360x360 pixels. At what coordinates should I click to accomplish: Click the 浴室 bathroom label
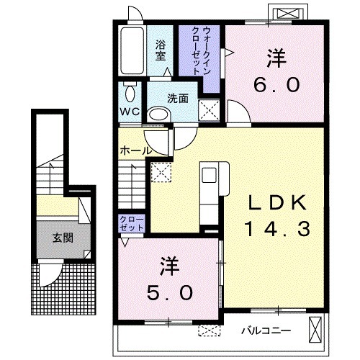(161, 50)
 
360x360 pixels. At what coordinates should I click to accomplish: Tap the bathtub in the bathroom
(132, 50)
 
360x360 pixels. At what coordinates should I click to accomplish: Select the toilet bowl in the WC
(130, 93)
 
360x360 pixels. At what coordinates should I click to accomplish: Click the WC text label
(130, 112)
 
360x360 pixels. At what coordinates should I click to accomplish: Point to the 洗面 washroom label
(178, 99)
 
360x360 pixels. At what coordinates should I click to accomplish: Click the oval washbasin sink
(158, 114)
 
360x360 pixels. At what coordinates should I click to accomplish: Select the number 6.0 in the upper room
(276, 84)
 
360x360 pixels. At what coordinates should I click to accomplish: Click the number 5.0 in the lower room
(170, 293)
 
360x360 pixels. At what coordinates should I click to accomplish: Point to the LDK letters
(277, 202)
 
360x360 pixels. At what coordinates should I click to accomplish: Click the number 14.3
(277, 229)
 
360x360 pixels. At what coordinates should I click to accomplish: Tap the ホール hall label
(136, 150)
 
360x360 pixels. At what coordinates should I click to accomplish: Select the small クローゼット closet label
(132, 224)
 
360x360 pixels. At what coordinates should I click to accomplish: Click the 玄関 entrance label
(63, 238)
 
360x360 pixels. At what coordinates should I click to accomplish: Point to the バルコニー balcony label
(266, 331)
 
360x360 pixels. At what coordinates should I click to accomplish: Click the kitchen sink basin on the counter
(210, 175)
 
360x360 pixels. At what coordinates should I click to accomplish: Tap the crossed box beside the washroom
(209, 110)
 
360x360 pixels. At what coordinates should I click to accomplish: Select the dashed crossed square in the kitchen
(161, 172)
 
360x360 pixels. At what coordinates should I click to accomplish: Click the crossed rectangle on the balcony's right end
(315, 330)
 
